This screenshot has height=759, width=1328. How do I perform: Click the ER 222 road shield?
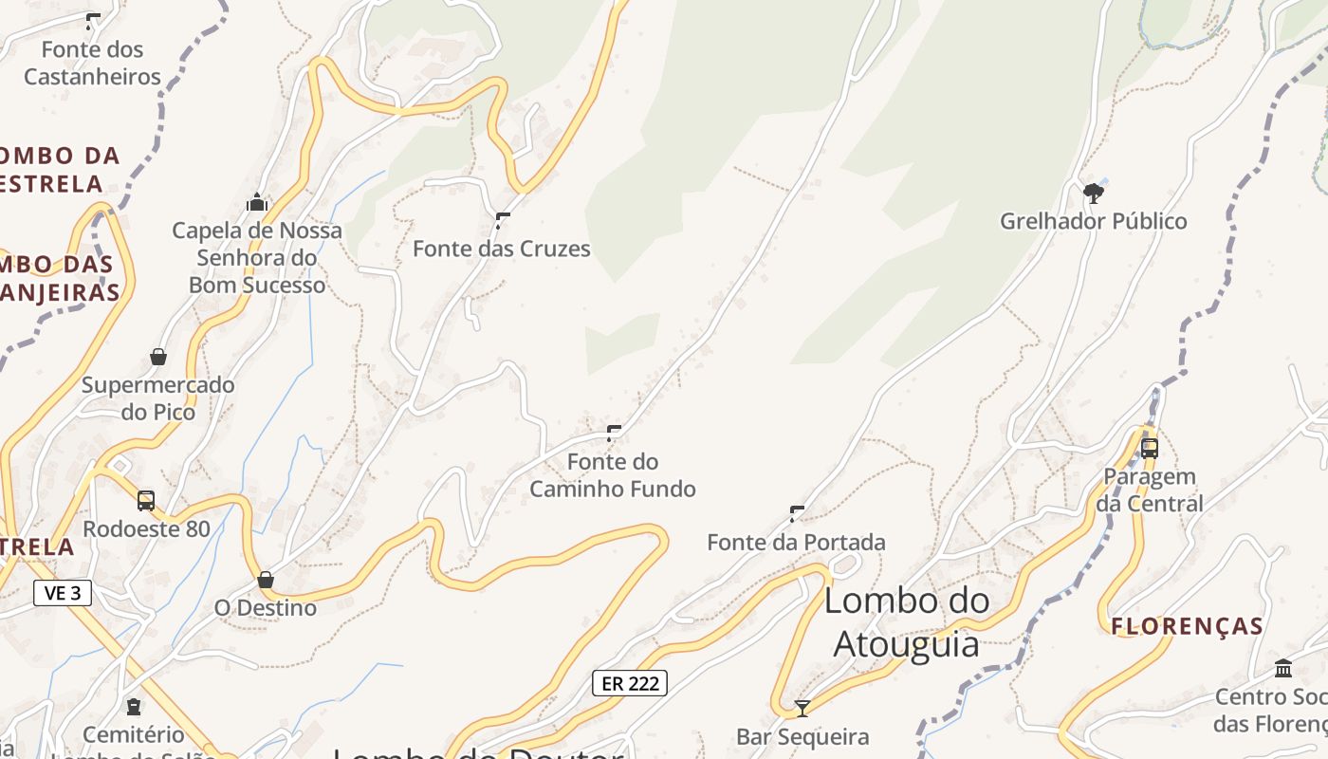(x=630, y=683)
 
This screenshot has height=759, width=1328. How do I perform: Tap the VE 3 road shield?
(x=63, y=593)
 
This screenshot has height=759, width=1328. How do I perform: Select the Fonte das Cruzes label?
(x=502, y=250)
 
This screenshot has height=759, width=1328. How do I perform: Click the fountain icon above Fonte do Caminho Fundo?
(x=614, y=434)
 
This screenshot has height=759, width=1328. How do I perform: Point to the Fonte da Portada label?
(x=796, y=543)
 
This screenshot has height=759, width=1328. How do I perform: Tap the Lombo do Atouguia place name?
(x=906, y=621)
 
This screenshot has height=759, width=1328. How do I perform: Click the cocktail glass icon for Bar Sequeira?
(x=802, y=708)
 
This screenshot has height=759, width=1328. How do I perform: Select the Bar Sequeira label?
(x=802, y=737)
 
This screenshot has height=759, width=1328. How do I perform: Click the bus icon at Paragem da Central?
(x=1150, y=448)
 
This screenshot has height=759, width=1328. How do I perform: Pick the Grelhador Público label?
(x=1093, y=222)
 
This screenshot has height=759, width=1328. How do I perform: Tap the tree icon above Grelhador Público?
(x=1094, y=194)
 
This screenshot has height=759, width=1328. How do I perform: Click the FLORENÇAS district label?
(x=1187, y=626)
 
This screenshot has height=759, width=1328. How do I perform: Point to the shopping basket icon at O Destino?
(x=266, y=580)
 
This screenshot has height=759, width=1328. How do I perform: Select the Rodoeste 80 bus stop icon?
(x=146, y=500)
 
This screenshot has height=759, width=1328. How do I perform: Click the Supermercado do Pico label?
(x=158, y=398)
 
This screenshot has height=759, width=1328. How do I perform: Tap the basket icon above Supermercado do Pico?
(x=158, y=357)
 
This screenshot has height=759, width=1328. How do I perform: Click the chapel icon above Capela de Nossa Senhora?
(x=257, y=202)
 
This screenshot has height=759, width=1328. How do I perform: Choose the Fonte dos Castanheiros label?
(x=93, y=63)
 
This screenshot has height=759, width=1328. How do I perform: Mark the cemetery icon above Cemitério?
(x=134, y=707)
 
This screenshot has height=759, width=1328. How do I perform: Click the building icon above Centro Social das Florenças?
(x=1283, y=668)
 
